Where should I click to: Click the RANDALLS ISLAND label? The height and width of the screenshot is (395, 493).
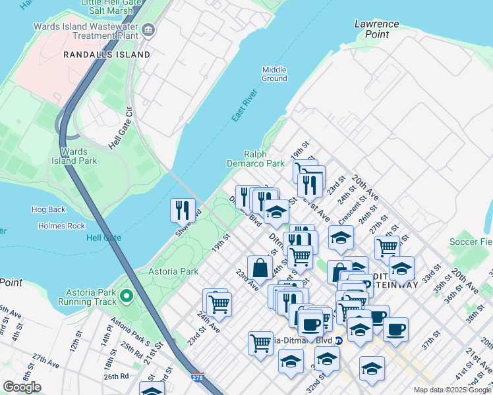(x=107, y=55)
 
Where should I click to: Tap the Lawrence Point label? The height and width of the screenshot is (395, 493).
(x=376, y=29)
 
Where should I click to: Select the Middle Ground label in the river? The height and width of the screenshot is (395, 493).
(x=274, y=74)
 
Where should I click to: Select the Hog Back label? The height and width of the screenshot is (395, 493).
(x=49, y=209)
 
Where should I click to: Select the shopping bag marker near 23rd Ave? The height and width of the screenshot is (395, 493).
(x=260, y=268)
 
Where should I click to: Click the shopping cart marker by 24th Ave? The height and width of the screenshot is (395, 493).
(x=219, y=303)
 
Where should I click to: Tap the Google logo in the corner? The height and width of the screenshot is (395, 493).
(x=22, y=386)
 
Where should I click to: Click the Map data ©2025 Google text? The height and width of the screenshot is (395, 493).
(x=451, y=390)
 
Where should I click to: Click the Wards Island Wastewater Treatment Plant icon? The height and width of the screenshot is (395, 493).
(x=148, y=29)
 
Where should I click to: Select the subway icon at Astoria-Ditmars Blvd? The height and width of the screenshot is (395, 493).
(x=339, y=341)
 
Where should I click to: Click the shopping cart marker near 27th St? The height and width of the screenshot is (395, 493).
(x=386, y=248)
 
